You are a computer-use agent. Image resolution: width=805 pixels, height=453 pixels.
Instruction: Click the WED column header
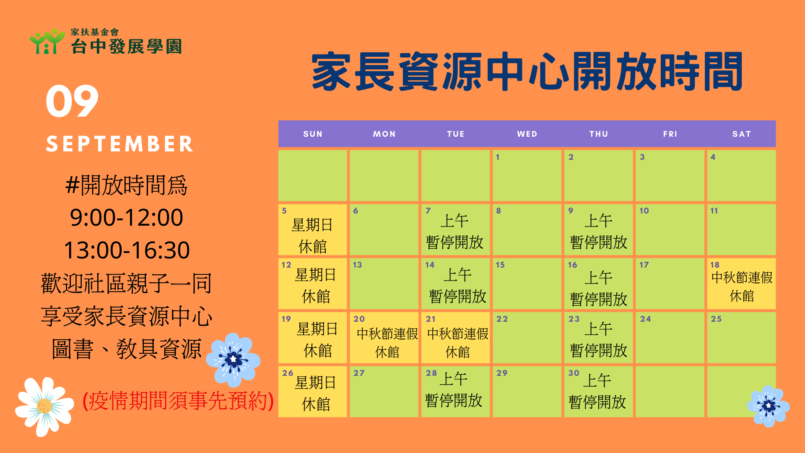tap(527, 134)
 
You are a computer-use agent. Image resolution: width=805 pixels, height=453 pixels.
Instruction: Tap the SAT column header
tap(741, 134)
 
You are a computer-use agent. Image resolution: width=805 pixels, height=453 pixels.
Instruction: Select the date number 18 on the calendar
tap(715, 265)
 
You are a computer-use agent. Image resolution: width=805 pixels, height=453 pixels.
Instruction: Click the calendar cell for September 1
tap(527, 175)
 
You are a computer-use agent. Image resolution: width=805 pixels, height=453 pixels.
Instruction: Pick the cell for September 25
tap(741, 337)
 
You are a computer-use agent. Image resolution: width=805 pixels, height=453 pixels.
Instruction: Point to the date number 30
tap(574, 373)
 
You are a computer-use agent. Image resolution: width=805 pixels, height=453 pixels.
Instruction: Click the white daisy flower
tap(44, 406)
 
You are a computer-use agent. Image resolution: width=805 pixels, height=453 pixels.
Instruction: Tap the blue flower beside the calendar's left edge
tap(233, 359)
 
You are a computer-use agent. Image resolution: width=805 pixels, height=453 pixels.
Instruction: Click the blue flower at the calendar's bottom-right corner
tap(768, 406)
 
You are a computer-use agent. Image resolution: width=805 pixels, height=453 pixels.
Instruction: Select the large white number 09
tap(72, 101)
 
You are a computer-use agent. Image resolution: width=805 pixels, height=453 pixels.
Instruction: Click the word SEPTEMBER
tap(119, 144)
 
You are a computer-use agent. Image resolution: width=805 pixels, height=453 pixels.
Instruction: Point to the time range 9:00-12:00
tap(127, 217)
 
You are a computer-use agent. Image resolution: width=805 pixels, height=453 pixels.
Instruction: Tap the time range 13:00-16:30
tap(127, 250)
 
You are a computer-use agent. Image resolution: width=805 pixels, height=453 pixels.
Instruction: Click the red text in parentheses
tap(178, 401)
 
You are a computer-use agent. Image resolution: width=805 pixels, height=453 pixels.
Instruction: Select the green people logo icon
tap(47, 41)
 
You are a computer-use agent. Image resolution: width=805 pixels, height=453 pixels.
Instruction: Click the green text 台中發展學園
tap(126, 47)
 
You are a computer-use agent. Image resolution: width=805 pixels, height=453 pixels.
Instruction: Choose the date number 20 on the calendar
tap(359, 319)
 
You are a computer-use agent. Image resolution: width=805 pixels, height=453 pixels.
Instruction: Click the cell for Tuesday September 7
tap(455, 229)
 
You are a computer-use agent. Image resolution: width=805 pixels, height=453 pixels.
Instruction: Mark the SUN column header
tap(313, 134)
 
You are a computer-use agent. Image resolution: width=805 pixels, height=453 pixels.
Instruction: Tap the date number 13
tap(357, 265)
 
